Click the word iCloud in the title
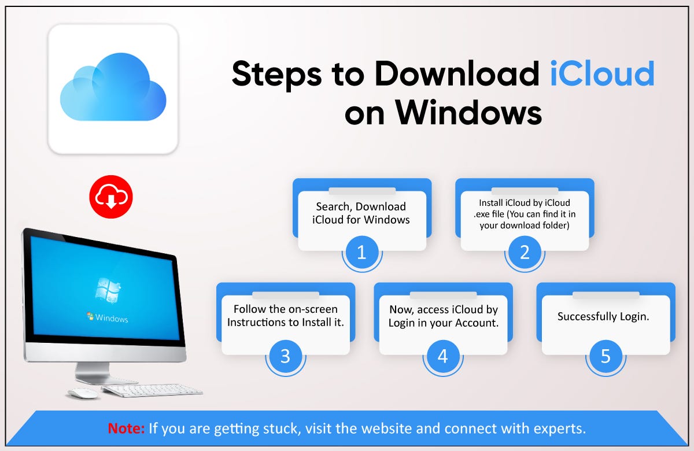(x=602, y=73)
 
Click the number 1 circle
(x=362, y=252)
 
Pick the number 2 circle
(x=525, y=252)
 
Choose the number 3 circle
(x=285, y=356)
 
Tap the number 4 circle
(x=442, y=356)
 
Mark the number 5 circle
(x=606, y=356)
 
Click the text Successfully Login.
(x=603, y=317)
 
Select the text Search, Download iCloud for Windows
(x=361, y=213)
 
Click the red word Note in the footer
(x=126, y=429)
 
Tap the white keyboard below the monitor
(x=152, y=390)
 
